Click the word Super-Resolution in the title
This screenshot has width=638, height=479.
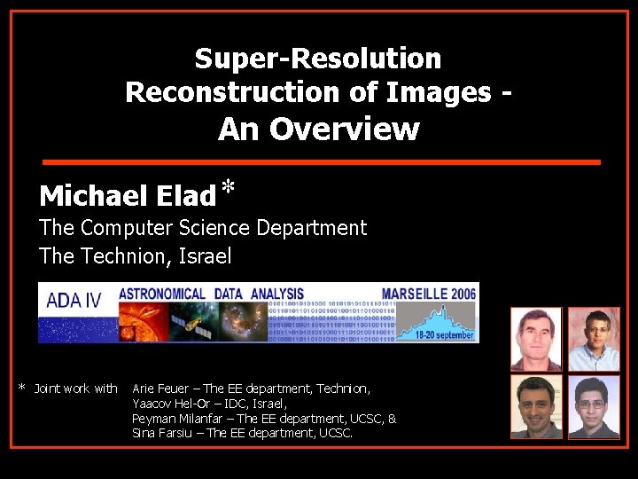coord(317,59)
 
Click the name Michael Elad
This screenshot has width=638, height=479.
coord(127,195)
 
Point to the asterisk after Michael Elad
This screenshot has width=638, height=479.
coord(229,188)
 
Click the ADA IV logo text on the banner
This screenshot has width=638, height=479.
coord(74,300)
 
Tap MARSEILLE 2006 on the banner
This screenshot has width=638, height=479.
coord(429,294)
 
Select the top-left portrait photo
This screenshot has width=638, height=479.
coord(535,339)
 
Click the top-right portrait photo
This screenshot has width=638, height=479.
coord(593,339)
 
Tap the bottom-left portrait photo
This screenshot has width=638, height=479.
coord(535,406)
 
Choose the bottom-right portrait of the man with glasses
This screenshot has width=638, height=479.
coord(593,406)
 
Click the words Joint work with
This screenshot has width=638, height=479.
coord(75,389)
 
